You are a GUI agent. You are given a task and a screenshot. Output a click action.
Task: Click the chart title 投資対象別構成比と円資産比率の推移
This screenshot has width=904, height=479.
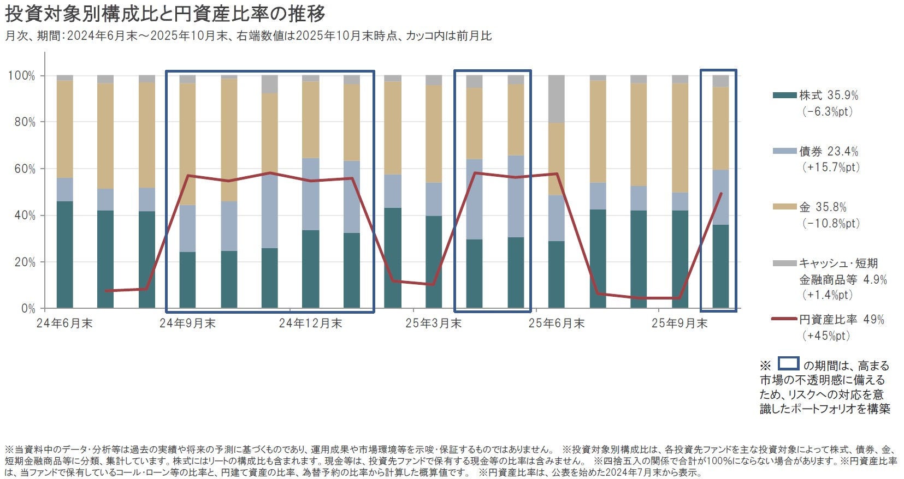(165, 14)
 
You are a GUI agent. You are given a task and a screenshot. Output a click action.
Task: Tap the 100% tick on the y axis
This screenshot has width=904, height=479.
(21, 76)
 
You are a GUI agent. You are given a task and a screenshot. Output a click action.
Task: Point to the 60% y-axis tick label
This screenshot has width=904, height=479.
(25, 169)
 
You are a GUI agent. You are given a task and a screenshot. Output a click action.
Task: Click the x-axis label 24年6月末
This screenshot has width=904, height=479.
(64, 324)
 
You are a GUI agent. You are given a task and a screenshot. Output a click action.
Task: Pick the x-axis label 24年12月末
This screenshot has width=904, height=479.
(310, 324)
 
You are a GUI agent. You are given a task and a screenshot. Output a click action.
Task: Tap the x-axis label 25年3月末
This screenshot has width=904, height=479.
(433, 324)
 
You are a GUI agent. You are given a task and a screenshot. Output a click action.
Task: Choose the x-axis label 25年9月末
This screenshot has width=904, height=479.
(680, 324)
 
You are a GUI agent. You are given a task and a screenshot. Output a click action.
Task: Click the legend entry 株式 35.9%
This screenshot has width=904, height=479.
(828, 95)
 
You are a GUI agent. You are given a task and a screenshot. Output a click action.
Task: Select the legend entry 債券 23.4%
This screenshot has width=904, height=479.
(828, 151)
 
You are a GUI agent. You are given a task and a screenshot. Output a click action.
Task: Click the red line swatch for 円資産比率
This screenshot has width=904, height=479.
(784, 319)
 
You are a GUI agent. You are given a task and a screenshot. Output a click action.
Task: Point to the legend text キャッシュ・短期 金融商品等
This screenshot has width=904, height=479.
(838, 271)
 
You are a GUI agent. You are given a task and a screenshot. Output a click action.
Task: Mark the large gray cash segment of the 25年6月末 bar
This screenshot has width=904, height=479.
(556, 99)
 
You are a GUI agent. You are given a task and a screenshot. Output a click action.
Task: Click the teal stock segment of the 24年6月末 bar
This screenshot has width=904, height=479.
(64, 254)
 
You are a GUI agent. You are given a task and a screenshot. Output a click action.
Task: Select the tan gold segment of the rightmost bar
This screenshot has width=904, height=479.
(720, 128)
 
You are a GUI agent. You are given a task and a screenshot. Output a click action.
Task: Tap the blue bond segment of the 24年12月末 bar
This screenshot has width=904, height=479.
(310, 194)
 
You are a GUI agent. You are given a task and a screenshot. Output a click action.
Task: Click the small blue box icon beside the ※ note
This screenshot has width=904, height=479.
(788, 364)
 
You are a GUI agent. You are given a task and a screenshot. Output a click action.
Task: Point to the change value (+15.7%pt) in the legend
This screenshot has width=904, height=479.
(831, 167)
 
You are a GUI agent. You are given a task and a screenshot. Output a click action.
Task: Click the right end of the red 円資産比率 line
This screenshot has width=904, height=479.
(721, 193)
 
